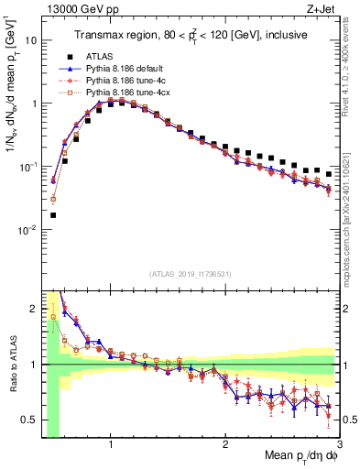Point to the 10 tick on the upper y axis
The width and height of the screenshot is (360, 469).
[32, 41]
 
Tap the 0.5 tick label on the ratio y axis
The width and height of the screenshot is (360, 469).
[31, 420]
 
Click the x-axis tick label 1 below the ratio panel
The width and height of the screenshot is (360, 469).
[111, 446]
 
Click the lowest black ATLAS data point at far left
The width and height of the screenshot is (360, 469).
[53, 215]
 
